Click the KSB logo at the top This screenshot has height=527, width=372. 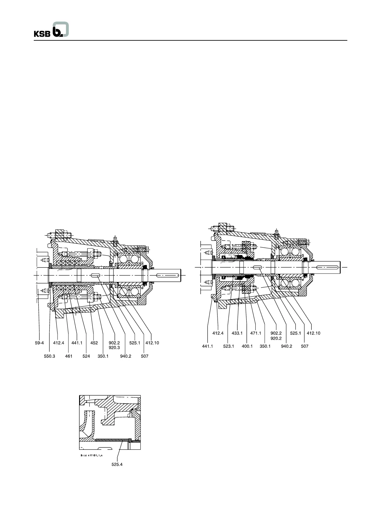tap(51, 30)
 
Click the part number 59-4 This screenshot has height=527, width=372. tap(39, 343)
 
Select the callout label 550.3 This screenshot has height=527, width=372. tap(49, 356)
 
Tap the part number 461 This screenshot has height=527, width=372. tap(68, 356)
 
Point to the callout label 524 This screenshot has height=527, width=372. tap(86, 356)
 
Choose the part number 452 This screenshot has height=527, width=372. tap(94, 343)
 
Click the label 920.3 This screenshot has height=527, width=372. tap(114, 347)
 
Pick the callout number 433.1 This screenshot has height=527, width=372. tap(237, 333)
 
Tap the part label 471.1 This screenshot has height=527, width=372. tap(255, 333)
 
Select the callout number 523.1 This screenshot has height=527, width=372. tap(228, 346)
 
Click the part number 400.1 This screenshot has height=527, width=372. tap(247, 346)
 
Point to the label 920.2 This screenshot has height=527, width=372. tap(276, 338)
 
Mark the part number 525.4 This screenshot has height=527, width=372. tap(117, 464)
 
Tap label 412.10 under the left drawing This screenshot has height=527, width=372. tap(152, 343)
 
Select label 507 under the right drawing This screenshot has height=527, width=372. tap(304, 346)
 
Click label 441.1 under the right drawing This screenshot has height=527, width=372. tap(207, 346)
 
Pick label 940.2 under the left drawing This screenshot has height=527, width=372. tap(125, 356)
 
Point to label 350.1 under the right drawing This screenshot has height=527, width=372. tap(265, 346)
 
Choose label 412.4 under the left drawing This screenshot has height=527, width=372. tap(58, 343)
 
